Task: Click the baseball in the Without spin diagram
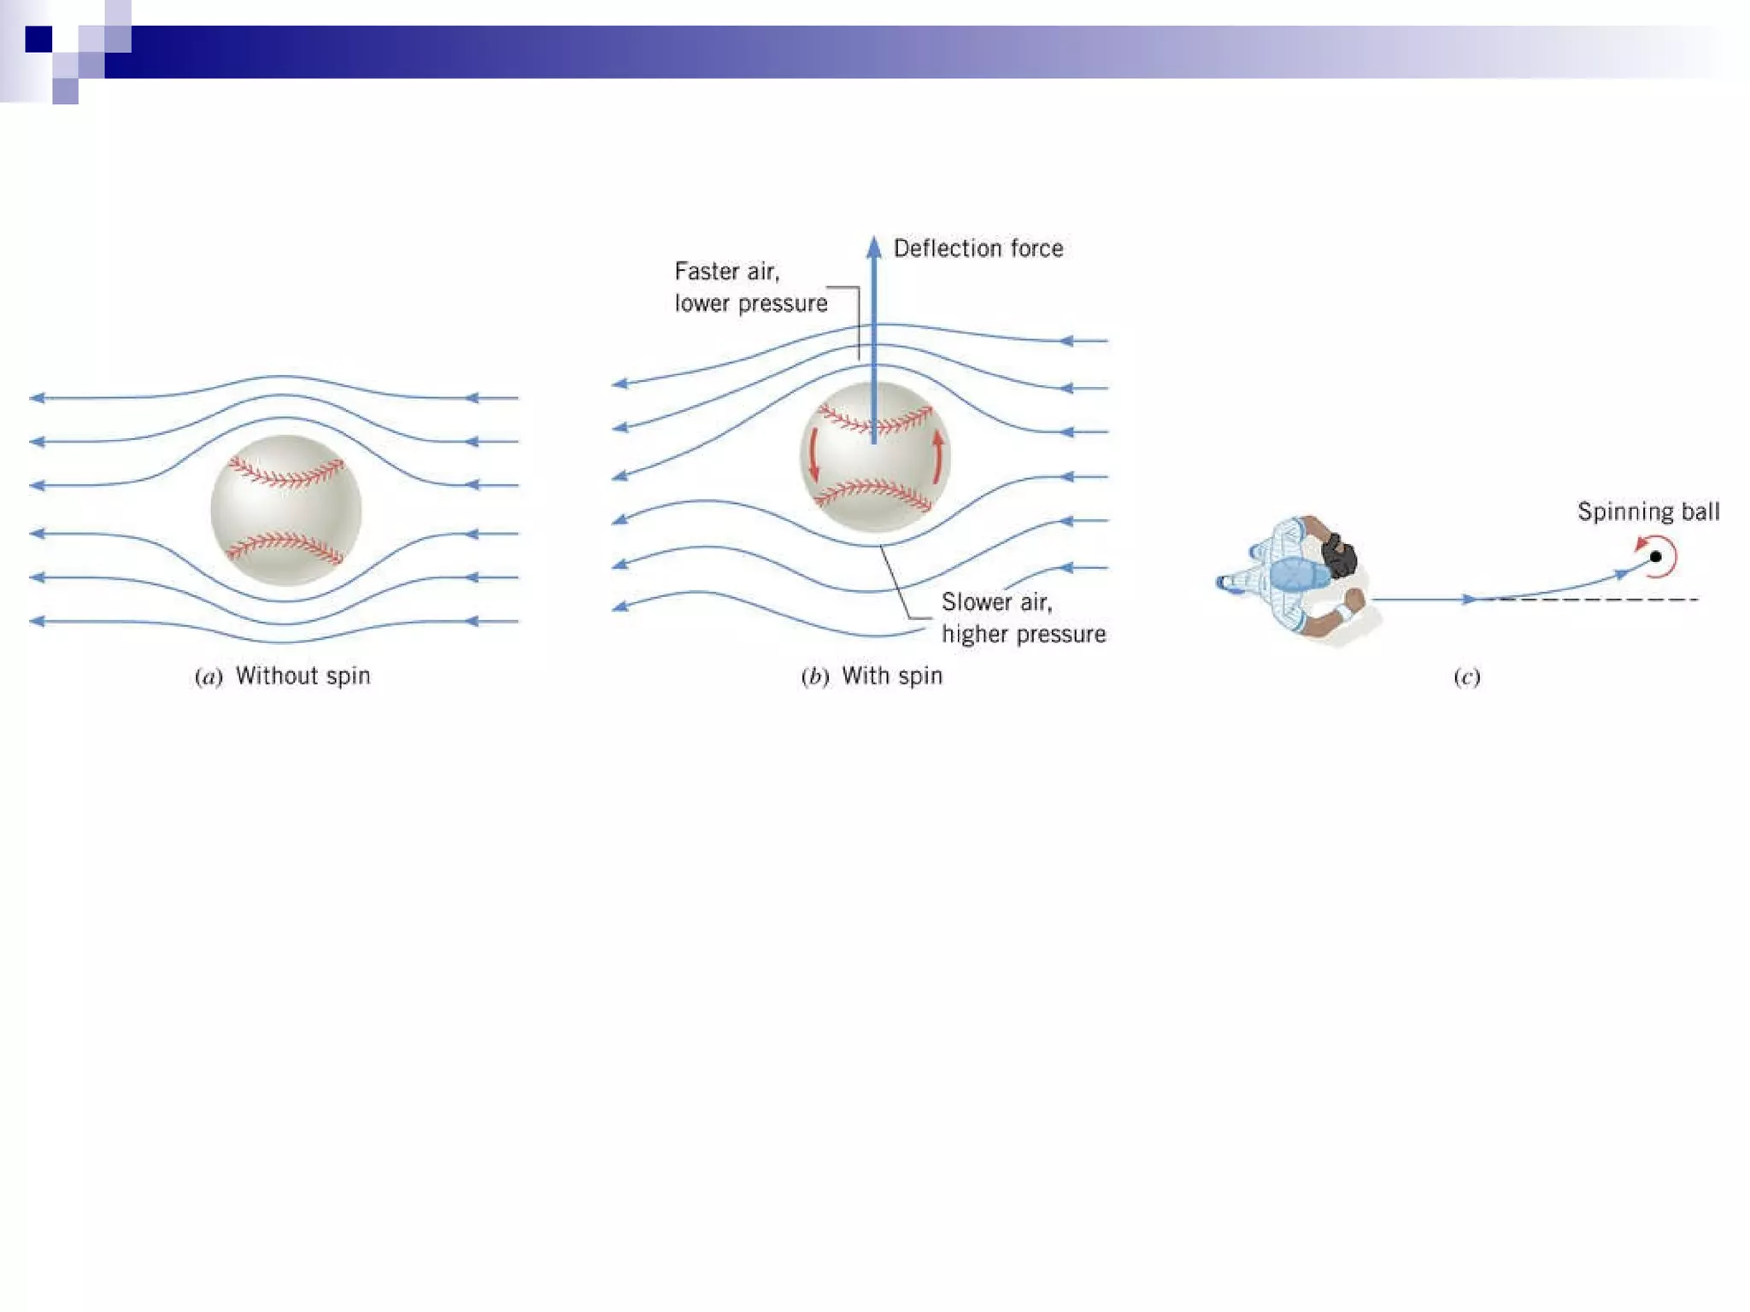tap(285, 510)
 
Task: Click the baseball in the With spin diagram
tap(874, 458)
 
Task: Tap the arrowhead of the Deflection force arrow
tap(873, 248)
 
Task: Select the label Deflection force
tap(978, 249)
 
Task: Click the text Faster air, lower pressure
tap(750, 287)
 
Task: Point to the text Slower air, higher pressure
tap(1023, 618)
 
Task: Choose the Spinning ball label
tap(1647, 512)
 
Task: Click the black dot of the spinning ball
tap(1655, 557)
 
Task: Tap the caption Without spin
tap(302, 676)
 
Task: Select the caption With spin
tap(891, 676)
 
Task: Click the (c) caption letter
tap(1466, 677)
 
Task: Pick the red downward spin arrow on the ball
tap(813, 454)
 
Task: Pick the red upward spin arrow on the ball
tap(938, 456)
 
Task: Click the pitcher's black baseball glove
tap(1338, 554)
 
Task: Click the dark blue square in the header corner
tap(38, 39)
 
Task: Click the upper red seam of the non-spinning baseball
tap(288, 473)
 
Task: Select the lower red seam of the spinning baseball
tap(873, 494)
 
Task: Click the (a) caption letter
tap(208, 677)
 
